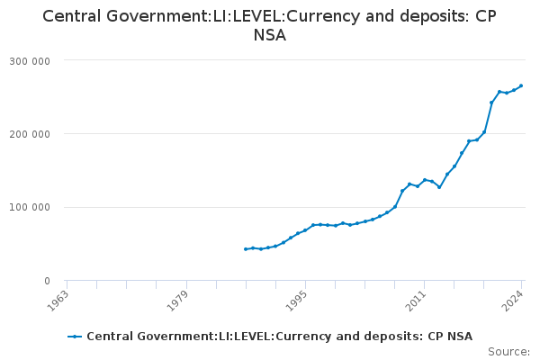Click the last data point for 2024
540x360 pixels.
click(521, 85)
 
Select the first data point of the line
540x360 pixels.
click(246, 249)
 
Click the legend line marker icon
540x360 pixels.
click(76, 337)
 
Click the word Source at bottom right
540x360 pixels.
click(508, 352)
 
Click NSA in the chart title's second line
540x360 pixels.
click(270, 37)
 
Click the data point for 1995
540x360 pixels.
click(305, 230)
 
